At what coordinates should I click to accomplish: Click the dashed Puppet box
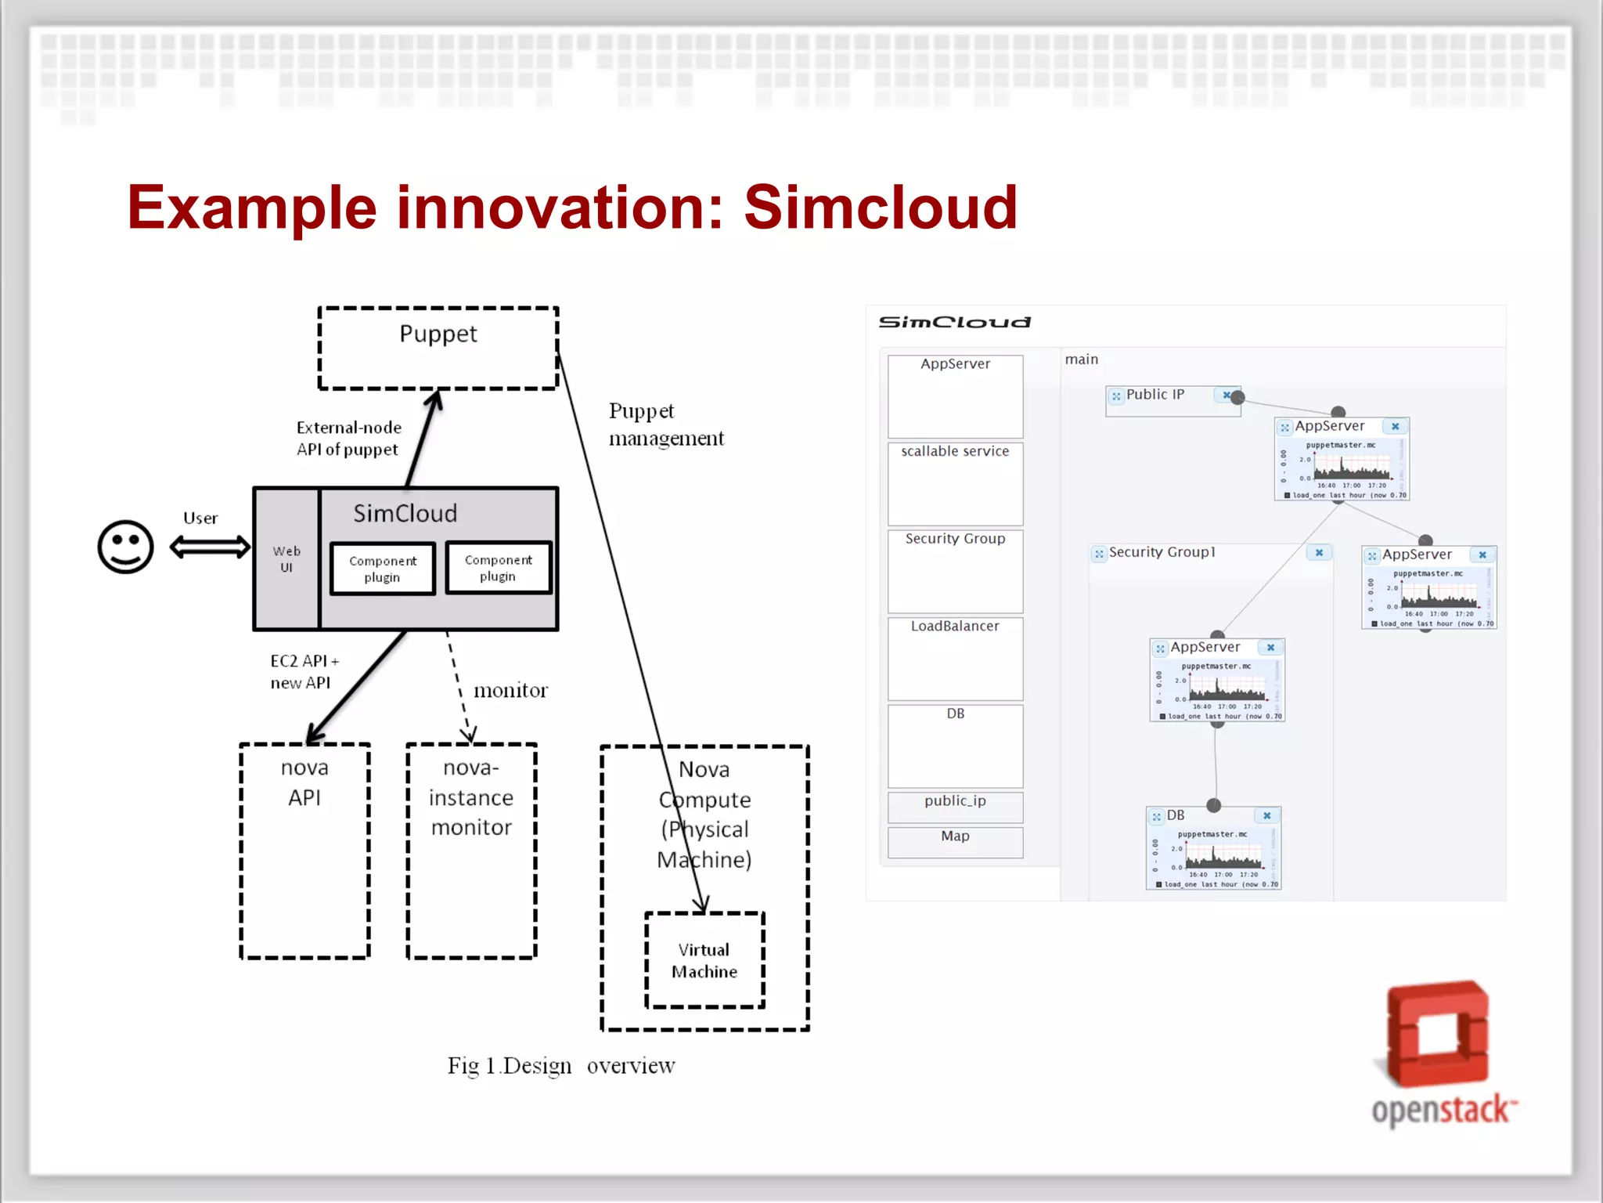point(438,349)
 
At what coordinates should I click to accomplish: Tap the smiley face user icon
point(125,547)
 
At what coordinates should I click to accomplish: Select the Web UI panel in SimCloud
point(286,558)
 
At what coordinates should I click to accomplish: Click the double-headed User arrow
point(210,547)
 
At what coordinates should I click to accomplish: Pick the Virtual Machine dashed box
point(704,960)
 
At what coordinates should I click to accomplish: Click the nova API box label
point(304,782)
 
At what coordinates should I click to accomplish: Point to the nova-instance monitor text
point(471,797)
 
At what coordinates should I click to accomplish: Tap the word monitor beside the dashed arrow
point(510,690)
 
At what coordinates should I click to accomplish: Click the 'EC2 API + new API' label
point(304,672)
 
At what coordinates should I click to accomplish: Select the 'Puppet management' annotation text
point(666,424)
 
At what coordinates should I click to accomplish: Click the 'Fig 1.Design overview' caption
point(560,1066)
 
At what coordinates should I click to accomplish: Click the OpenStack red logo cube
point(1437,1034)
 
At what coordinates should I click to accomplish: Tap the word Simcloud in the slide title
point(881,208)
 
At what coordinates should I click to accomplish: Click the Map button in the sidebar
point(955,836)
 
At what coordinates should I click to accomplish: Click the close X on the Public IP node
point(1227,396)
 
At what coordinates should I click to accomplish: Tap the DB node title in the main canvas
point(1176,815)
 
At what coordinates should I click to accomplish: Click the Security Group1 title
point(1162,552)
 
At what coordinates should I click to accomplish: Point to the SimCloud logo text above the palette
point(955,322)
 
